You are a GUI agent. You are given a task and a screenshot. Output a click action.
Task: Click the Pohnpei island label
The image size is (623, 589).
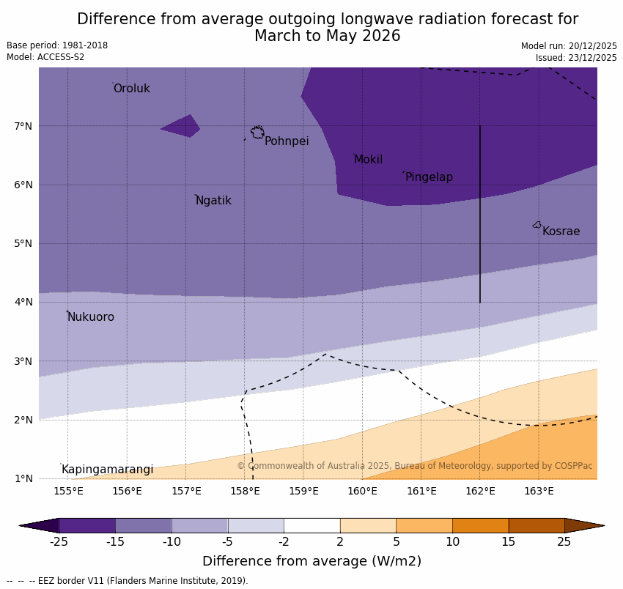click(287, 141)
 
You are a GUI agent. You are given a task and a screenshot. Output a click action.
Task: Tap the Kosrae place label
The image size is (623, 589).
click(561, 231)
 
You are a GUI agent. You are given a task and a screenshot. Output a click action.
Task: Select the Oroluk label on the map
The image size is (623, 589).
click(132, 89)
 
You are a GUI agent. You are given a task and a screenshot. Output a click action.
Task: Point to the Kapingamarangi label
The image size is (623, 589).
click(107, 470)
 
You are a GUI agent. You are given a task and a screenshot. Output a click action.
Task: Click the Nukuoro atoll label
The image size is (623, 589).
click(91, 317)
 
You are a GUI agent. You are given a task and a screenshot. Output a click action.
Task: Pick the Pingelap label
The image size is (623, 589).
click(429, 177)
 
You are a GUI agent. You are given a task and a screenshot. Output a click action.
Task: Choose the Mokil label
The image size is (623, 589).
click(368, 160)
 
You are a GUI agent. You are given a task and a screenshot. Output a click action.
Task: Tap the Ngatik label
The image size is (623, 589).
click(213, 201)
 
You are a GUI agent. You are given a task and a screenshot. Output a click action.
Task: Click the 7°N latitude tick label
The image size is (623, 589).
click(23, 126)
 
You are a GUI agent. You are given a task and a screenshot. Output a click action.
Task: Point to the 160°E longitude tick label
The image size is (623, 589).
click(362, 491)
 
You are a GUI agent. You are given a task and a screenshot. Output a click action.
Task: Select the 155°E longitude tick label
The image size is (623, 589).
click(68, 491)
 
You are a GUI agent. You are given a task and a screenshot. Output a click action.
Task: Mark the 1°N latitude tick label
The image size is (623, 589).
click(23, 478)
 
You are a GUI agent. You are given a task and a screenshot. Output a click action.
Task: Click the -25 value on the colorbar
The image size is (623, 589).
click(59, 542)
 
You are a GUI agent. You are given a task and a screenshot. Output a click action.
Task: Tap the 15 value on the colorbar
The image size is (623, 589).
click(509, 542)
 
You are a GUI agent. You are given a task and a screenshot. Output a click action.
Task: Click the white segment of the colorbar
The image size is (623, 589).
click(311, 525)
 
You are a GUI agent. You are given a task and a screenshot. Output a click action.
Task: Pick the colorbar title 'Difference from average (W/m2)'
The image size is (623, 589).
click(311, 562)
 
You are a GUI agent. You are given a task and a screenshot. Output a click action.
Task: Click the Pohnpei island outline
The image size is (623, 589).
click(257, 133)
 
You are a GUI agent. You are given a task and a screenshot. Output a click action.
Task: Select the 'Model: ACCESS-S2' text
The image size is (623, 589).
click(45, 57)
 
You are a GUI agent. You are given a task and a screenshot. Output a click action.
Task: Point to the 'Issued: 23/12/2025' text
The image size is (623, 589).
click(576, 58)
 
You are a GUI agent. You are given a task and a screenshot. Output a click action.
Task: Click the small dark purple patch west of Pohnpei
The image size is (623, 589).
click(183, 127)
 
